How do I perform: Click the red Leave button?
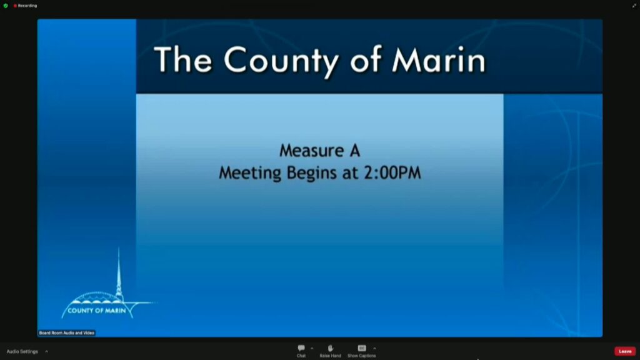pyautogui.click(x=625, y=351)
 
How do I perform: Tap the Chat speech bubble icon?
pyautogui.click(x=301, y=348)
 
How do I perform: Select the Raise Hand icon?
pyautogui.click(x=330, y=348)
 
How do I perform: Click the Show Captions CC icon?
pyautogui.click(x=362, y=348)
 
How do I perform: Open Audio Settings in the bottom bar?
pyautogui.click(x=22, y=351)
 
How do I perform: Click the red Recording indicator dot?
pyautogui.click(x=15, y=6)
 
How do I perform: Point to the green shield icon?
pyautogui.click(x=6, y=6)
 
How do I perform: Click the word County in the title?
pyautogui.click(x=281, y=61)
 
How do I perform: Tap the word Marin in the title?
pyautogui.click(x=439, y=60)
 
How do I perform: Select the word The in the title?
pyautogui.click(x=183, y=59)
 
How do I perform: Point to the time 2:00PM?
pyautogui.click(x=392, y=172)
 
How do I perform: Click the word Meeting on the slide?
pyautogui.click(x=250, y=173)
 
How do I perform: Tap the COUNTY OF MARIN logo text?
pyautogui.click(x=97, y=311)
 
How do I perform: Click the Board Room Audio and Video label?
pyautogui.click(x=66, y=333)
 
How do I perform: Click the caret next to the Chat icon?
pyautogui.click(x=312, y=349)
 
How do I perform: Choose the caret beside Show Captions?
pyautogui.click(x=374, y=349)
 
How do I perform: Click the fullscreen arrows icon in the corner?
pyautogui.click(x=634, y=6)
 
